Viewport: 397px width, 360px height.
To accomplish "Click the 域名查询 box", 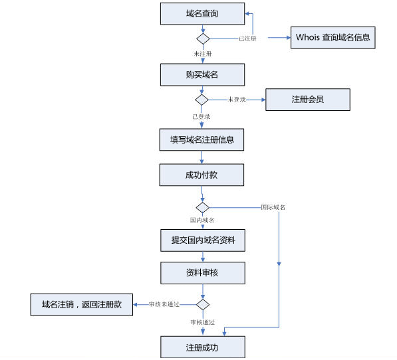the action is [202, 14].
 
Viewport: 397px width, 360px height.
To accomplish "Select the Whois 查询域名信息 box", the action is [332, 37].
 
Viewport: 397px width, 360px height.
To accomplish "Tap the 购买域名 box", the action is [202, 74].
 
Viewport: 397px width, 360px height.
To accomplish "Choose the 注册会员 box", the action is [308, 100].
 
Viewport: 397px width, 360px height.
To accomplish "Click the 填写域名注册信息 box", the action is [201, 139].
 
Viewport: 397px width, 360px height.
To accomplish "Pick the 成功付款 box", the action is [201, 175].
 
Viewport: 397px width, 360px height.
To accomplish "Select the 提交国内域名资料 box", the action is [203, 240].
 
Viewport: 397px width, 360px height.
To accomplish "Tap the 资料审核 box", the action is [203, 273].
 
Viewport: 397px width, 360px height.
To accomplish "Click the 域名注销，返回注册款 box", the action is [82, 304].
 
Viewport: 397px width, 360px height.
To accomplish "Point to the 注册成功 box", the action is [203, 347].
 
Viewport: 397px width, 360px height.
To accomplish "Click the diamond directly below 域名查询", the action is [203, 39].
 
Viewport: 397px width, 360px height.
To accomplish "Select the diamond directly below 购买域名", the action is [201, 100].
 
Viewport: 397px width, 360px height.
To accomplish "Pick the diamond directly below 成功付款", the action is [202, 207].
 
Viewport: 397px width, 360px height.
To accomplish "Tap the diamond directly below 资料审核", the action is [203, 304].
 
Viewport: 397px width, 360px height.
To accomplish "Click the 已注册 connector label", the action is [247, 39].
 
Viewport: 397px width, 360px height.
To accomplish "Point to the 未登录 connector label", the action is [237, 100].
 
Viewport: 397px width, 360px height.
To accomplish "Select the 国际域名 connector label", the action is [273, 207].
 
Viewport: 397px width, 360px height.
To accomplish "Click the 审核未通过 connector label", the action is [164, 304].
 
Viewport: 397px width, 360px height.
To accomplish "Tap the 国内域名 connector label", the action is [202, 221].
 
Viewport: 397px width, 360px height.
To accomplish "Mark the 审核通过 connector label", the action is [203, 322].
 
